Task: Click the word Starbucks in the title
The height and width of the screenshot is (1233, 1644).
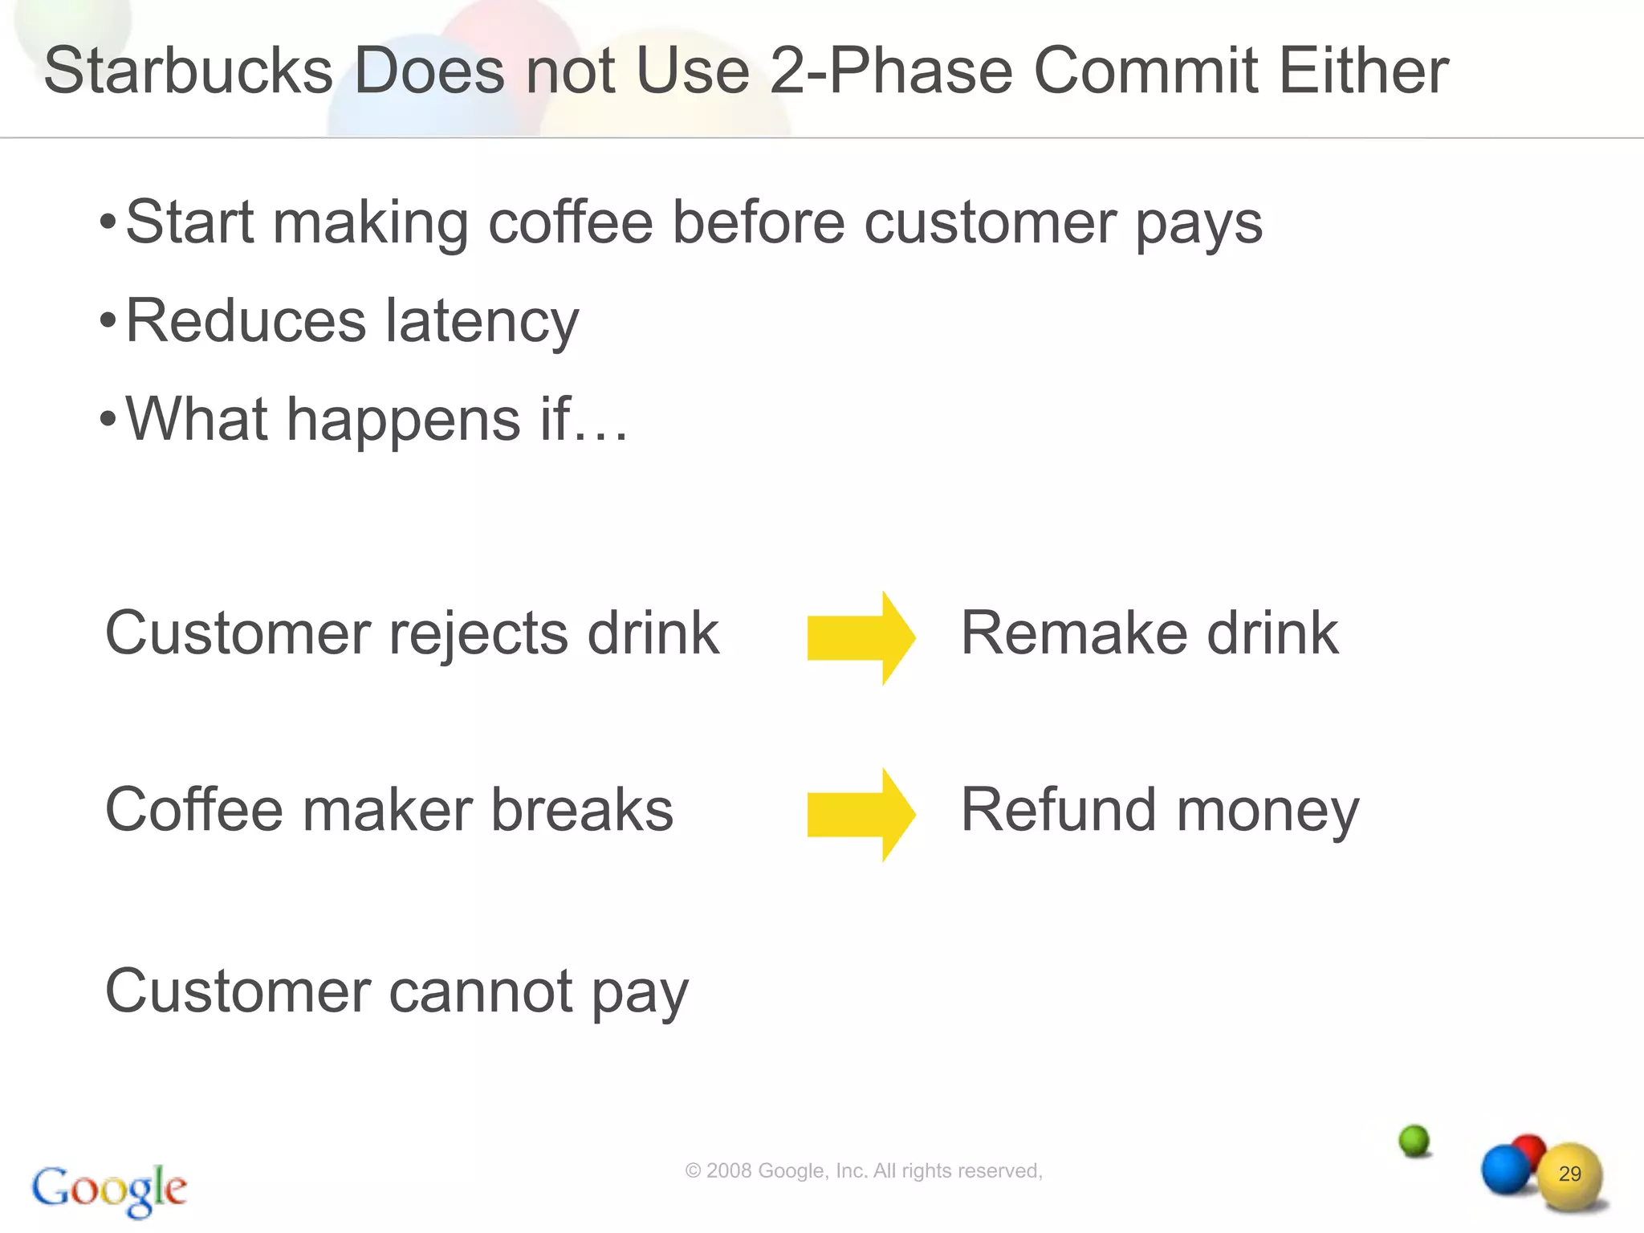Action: (x=188, y=71)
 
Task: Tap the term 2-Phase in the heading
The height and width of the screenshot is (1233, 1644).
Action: (x=889, y=71)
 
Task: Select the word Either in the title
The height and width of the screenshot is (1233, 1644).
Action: (x=1363, y=71)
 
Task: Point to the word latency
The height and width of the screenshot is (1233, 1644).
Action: (x=482, y=321)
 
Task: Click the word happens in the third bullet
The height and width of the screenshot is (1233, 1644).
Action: (x=404, y=420)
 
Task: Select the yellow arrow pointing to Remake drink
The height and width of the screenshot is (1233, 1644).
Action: (x=861, y=638)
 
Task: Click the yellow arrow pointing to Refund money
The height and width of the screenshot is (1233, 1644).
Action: (x=861, y=815)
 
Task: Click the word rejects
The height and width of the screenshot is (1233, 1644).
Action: (x=478, y=634)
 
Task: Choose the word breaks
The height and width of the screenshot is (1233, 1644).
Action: (x=582, y=810)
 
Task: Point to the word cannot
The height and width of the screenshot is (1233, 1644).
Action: (x=481, y=992)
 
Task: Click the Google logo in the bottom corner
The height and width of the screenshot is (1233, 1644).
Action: (x=109, y=1189)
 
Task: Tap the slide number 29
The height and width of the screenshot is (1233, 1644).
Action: (x=1569, y=1174)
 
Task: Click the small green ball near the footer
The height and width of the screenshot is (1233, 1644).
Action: (x=1414, y=1140)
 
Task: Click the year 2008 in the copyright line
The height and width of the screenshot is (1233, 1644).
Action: (x=729, y=1171)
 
